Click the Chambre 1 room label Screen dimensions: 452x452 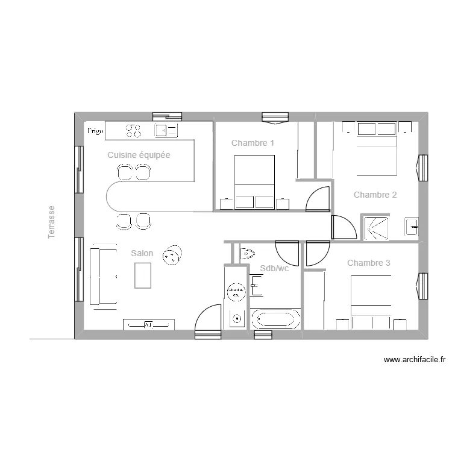253,143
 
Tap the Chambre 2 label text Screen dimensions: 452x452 375,195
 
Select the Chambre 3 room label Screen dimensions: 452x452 369,263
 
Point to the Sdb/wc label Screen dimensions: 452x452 274,268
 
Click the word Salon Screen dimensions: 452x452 142,254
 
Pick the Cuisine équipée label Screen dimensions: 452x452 139,155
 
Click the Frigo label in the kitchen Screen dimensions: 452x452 96,131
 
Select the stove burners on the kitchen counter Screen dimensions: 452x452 133,130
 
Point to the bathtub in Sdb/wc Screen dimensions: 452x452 275,319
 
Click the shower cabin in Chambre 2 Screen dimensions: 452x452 376,227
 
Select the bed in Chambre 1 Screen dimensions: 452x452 254,181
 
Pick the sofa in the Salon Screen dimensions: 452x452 102,275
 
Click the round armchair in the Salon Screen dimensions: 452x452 173,256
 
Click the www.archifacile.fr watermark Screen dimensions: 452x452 415,360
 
